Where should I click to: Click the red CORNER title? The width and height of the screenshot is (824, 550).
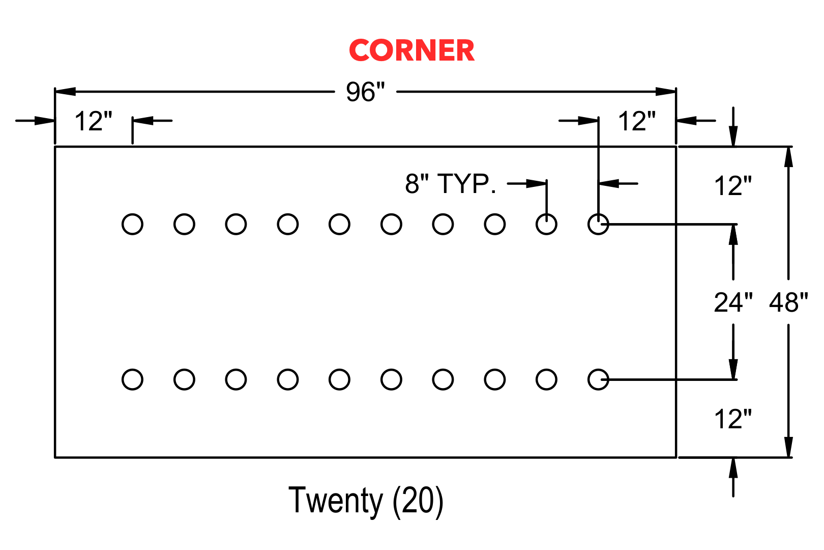click(411, 50)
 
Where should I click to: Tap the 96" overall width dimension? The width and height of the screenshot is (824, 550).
click(365, 92)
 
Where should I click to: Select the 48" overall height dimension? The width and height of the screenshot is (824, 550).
click(788, 302)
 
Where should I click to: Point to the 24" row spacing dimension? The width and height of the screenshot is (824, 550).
click(733, 302)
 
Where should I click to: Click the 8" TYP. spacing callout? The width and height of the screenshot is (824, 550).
click(451, 183)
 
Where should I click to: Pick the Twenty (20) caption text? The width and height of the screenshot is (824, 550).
click(366, 501)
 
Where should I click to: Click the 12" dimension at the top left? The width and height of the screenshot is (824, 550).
click(93, 121)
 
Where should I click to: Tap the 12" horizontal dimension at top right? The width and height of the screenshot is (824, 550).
click(637, 121)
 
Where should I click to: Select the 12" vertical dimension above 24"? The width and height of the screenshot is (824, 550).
click(733, 186)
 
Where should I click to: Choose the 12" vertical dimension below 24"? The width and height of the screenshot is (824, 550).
click(733, 419)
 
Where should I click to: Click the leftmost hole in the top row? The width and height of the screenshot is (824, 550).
click(132, 224)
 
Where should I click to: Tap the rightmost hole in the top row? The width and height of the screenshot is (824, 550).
click(598, 224)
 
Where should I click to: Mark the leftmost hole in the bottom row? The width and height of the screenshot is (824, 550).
click(132, 379)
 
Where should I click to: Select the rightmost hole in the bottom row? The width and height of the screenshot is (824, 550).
click(598, 379)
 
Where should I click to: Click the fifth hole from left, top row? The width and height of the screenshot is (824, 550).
click(339, 224)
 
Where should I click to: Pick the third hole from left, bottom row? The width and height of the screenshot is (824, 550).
click(236, 379)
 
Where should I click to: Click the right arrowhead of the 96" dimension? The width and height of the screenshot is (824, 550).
click(665, 91)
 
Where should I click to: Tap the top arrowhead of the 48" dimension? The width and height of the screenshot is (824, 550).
click(788, 157)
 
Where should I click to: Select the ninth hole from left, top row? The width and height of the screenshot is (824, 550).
click(546, 224)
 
